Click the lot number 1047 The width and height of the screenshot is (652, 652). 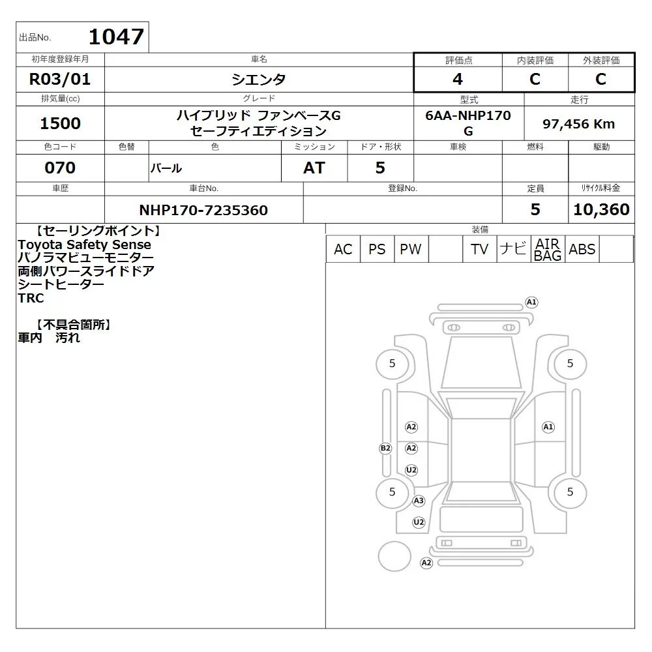click(x=117, y=37)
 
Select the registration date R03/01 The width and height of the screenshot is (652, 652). click(x=60, y=79)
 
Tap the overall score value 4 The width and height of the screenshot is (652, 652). click(x=458, y=79)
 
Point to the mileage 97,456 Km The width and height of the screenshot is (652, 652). click(x=578, y=124)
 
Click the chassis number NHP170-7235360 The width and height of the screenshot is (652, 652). click(x=203, y=210)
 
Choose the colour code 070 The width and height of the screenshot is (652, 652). click(x=60, y=168)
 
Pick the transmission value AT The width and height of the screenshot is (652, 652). click(x=314, y=168)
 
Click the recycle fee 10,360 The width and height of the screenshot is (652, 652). click(x=601, y=209)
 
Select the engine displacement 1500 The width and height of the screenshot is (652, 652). click(x=60, y=123)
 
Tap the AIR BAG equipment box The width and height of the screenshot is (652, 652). click(x=548, y=249)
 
